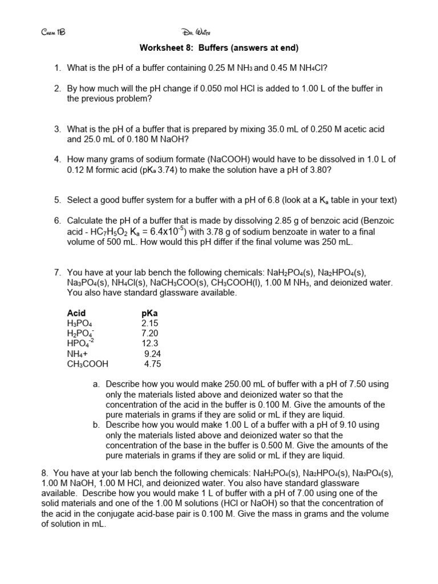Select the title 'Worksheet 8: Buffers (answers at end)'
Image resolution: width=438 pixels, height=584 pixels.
pos(219,47)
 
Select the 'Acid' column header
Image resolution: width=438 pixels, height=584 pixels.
pos(76,313)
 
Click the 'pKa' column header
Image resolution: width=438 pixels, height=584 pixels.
pos(149,313)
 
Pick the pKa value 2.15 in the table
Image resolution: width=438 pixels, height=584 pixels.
pos(150,323)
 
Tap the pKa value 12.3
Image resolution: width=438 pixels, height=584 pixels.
pos(150,343)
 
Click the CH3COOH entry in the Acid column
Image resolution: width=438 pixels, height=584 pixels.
pos(87,364)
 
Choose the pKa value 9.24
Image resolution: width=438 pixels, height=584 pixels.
pos(153,354)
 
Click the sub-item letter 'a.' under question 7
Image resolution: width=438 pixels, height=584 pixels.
pos(96,384)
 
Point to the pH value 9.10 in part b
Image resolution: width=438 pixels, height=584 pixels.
pos(352,425)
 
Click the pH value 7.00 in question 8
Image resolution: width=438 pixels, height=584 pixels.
pos(284,493)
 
